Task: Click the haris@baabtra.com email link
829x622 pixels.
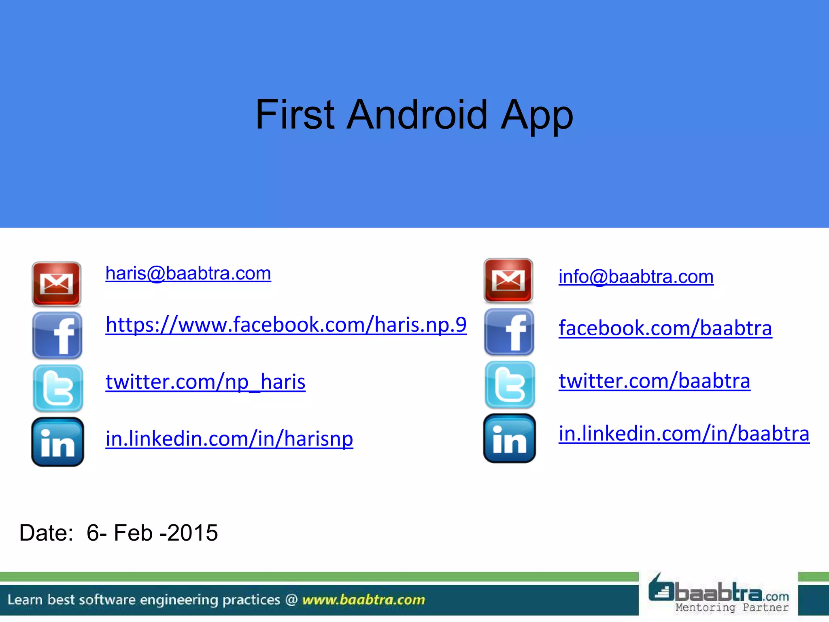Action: (x=188, y=273)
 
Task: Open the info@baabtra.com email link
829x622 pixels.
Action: (x=636, y=277)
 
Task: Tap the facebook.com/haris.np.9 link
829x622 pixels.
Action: (x=286, y=325)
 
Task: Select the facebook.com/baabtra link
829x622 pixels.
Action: (x=665, y=328)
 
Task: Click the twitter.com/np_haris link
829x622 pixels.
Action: (x=205, y=382)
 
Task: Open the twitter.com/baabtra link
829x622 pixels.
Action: (x=654, y=381)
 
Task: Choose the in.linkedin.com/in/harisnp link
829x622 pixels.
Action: (x=229, y=439)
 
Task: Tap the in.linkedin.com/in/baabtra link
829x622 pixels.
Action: (x=684, y=434)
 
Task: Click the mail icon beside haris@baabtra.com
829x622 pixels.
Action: (x=57, y=283)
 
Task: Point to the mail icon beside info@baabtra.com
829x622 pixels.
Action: (x=508, y=280)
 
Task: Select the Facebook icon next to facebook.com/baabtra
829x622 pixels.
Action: (x=509, y=332)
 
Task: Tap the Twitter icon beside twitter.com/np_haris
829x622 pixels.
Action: (x=58, y=388)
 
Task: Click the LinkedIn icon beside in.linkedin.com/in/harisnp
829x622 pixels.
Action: (x=57, y=442)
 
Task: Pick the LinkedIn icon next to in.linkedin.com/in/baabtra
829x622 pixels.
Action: (x=509, y=439)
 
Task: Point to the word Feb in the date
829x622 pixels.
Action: (x=133, y=533)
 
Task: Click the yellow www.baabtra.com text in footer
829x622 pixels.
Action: (x=363, y=600)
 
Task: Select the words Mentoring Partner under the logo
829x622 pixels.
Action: (x=732, y=607)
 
